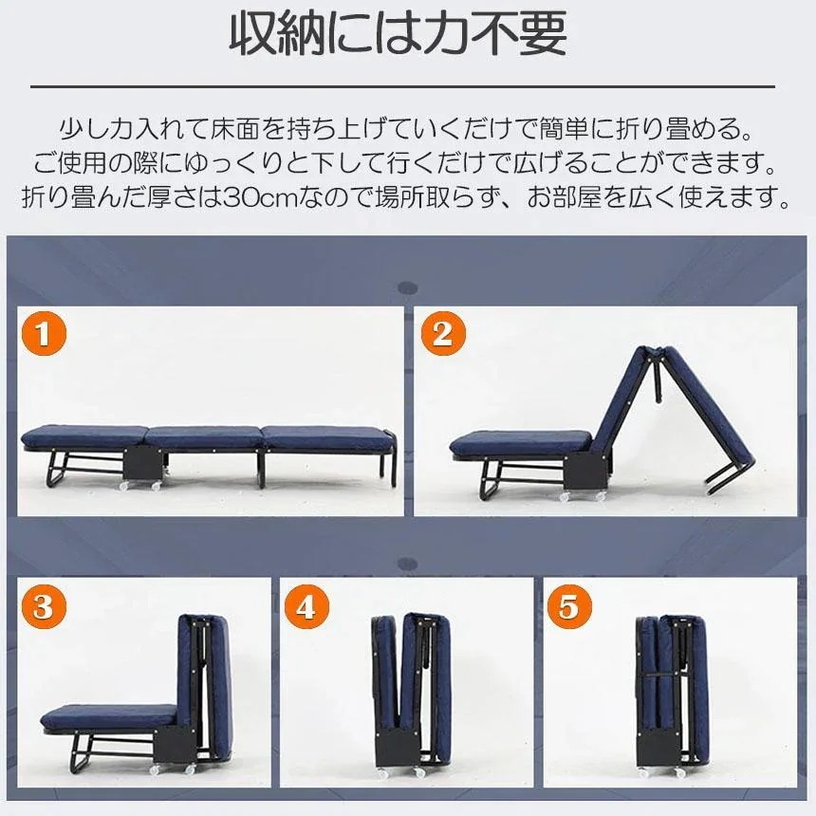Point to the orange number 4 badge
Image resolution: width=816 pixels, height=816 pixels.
pos(306,606)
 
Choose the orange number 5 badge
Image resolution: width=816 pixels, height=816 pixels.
pos(568,606)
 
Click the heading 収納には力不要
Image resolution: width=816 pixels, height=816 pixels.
pos(399,36)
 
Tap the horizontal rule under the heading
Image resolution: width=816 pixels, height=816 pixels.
pos(402,86)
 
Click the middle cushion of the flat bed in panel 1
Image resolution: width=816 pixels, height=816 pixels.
pos(203,437)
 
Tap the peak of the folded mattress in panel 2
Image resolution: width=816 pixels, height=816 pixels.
pos(662,352)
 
